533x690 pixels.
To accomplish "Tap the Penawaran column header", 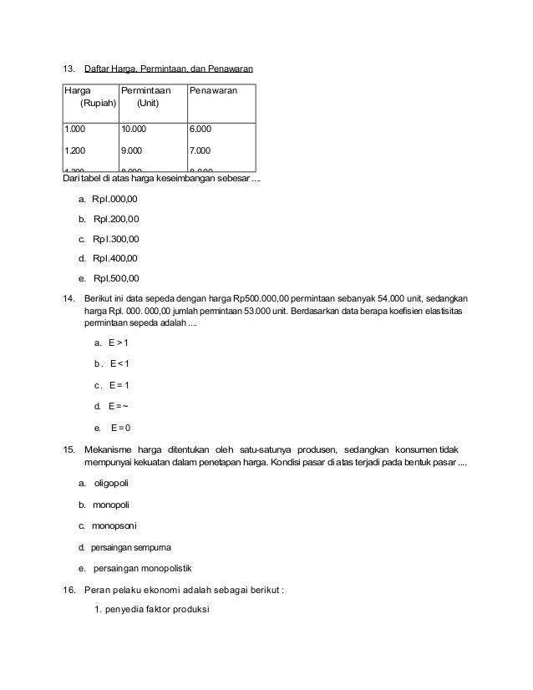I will pos(213,89).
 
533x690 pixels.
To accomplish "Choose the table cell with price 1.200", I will pos(75,151).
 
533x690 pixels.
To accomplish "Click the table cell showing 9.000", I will pos(131,151).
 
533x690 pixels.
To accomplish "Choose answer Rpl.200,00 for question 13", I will pos(116,220).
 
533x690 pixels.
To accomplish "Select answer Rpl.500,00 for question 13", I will pos(116,278).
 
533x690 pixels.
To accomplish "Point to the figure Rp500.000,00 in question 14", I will pos(261,298).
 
